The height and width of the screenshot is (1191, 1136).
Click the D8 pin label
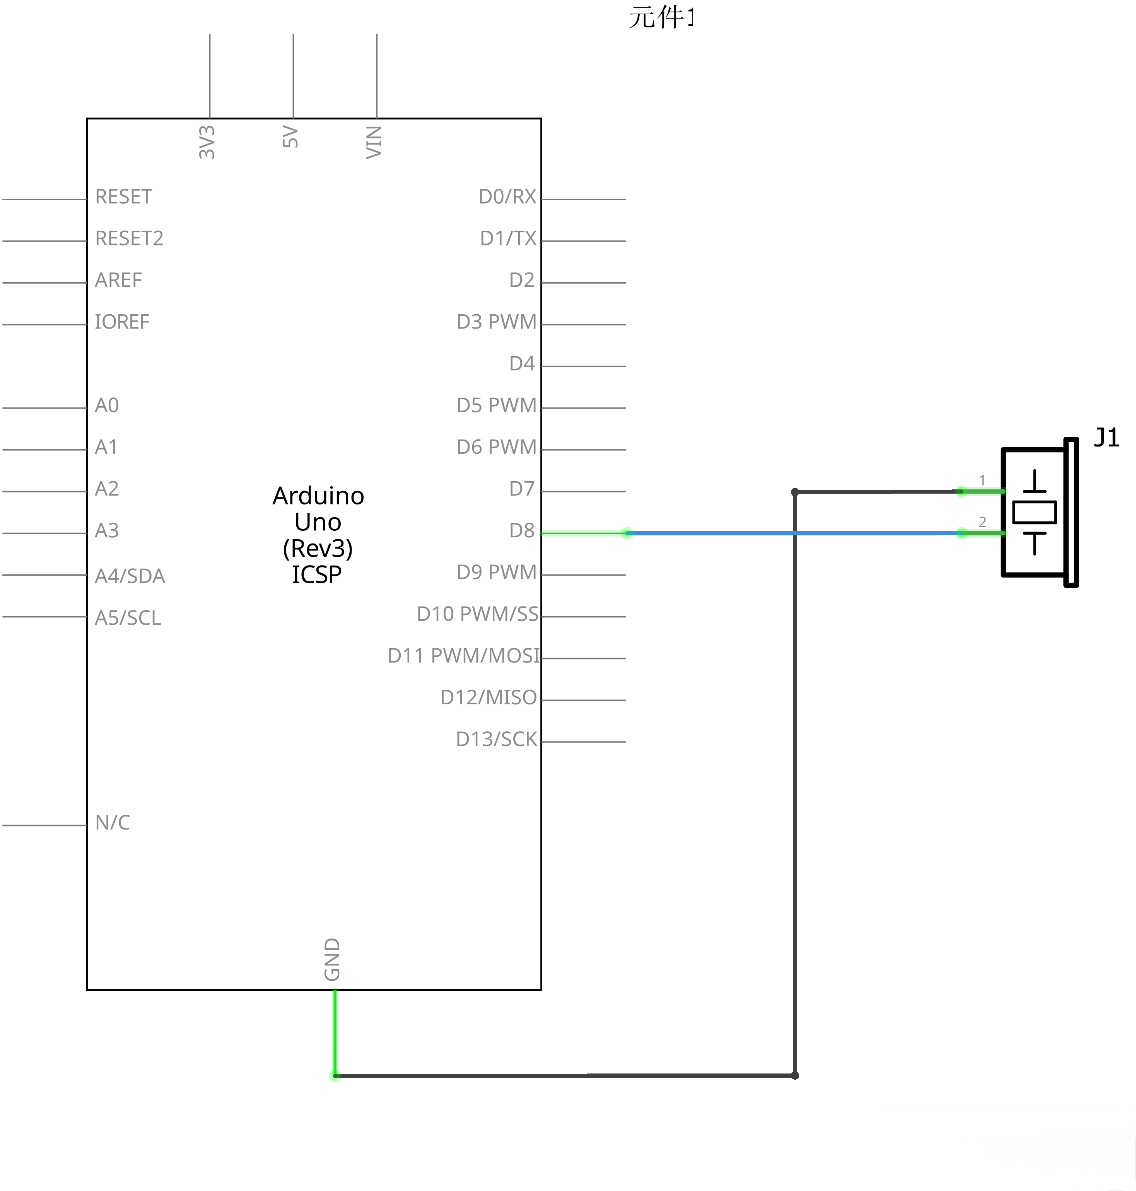pos(521,531)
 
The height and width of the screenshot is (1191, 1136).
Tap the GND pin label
pos(332,959)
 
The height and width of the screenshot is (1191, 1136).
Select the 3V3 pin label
pos(207,142)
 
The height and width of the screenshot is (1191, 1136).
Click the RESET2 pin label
pos(129,239)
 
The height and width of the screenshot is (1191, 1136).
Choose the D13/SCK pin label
pos(496,739)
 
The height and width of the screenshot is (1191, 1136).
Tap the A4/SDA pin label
pos(130,576)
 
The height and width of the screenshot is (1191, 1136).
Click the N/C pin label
pos(112,823)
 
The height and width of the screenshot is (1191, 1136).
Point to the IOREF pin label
pos(122,322)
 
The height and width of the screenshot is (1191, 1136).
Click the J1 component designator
pos(1106,438)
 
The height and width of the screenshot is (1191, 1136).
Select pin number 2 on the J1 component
pos(982,522)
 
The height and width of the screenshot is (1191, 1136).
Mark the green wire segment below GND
pos(335,1032)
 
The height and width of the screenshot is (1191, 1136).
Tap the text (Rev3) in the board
pos(317,548)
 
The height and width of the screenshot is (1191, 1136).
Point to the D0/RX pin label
pos(507,197)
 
